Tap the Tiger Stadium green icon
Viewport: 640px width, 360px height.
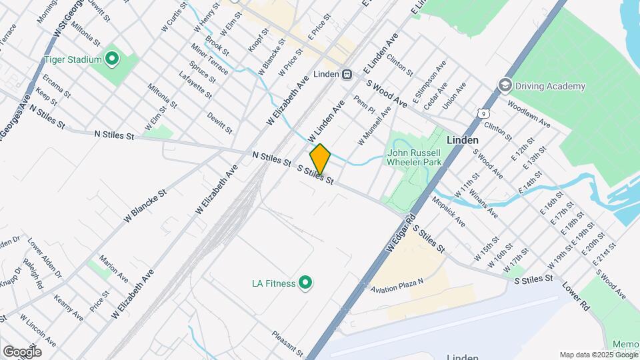pyautogui.click(x=112, y=59)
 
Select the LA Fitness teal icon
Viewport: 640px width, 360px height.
pyautogui.click(x=306, y=283)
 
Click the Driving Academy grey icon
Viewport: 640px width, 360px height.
pyautogui.click(x=505, y=86)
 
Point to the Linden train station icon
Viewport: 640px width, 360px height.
pyautogui.click(x=347, y=75)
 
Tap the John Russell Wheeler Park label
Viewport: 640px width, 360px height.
pyautogui.click(x=415, y=157)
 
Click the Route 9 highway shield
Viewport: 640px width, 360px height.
pyautogui.click(x=482, y=113)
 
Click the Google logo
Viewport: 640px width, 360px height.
pyautogui.click(x=22, y=351)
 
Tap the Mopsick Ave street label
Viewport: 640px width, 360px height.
pyautogui.click(x=447, y=211)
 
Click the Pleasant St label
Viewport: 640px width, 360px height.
pyautogui.click(x=287, y=342)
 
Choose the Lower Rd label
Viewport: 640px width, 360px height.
pyautogui.click(x=576, y=296)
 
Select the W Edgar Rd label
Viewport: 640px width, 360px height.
pyautogui.click(x=402, y=233)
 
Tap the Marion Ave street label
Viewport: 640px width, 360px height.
pyautogui.click(x=113, y=267)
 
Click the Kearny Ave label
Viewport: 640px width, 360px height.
pyautogui.click(x=69, y=307)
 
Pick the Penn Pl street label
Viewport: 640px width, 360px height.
pyautogui.click(x=361, y=105)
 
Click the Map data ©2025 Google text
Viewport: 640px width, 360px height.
pyautogui.click(x=598, y=355)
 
